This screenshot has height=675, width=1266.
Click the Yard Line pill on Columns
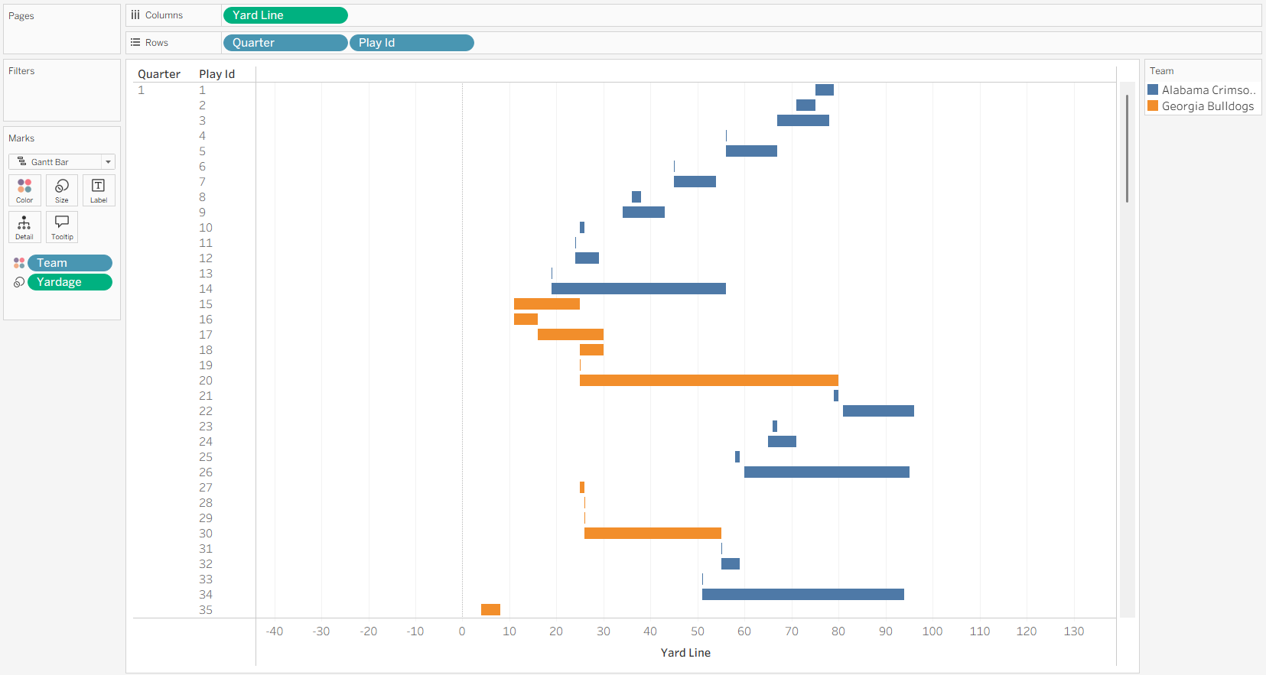tap(285, 15)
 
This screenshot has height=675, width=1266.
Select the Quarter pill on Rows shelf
tap(285, 43)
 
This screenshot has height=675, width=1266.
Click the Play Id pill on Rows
tap(412, 43)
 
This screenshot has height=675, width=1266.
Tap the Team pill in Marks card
tap(70, 263)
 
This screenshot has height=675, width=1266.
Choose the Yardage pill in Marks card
tap(70, 282)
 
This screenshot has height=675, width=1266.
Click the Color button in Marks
tap(24, 190)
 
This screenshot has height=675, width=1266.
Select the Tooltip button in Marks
tap(62, 227)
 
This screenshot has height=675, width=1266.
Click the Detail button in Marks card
tap(24, 227)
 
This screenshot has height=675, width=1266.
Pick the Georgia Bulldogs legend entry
tap(1201, 106)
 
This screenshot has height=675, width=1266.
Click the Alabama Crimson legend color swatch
tap(1153, 89)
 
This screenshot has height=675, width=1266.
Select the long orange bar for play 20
tap(709, 381)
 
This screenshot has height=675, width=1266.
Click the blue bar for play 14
tap(639, 289)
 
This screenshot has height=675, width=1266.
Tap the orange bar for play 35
tap(490, 609)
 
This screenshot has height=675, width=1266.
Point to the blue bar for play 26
tap(827, 472)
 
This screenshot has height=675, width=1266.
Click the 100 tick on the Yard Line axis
tap(932, 631)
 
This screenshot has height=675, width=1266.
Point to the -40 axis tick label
tap(274, 631)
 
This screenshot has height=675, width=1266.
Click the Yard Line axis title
tap(685, 653)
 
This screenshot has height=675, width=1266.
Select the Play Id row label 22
tap(206, 411)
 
